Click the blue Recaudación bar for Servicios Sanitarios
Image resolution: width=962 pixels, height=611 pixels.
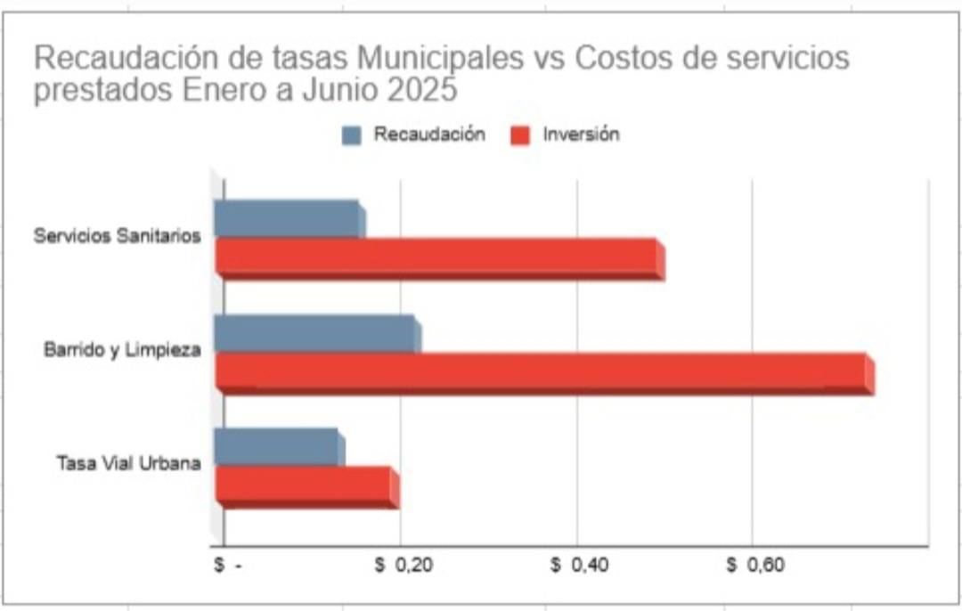click(x=288, y=219)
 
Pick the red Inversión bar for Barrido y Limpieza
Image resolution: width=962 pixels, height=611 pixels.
click(x=543, y=372)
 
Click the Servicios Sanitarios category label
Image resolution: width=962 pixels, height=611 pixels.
click(x=117, y=237)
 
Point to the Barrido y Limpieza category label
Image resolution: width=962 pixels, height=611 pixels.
click(x=122, y=350)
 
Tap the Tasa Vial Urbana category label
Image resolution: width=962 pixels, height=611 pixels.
click(x=128, y=463)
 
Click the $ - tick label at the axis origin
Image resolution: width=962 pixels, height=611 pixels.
click(x=227, y=566)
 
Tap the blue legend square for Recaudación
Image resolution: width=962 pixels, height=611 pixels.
click(x=353, y=135)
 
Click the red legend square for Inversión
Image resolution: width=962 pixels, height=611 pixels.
click(x=521, y=135)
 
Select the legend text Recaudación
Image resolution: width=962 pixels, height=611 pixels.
click(x=429, y=134)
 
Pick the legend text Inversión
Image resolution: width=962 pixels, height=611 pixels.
click(x=581, y=134)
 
